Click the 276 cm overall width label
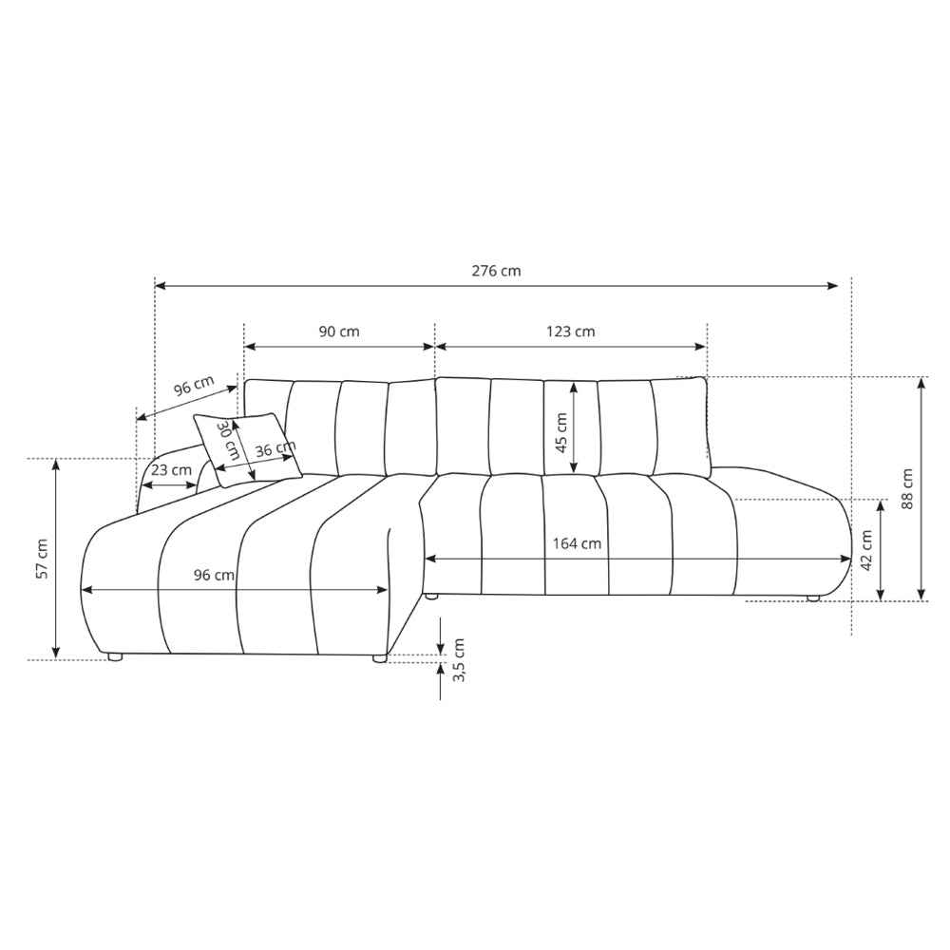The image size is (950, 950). click(x=496, y=270)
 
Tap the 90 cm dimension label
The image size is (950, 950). click(x=339, y=332)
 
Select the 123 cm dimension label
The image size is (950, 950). click(x=571, y=332)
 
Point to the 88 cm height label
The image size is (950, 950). click(x=907, y=488)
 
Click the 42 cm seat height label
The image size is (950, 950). click(x=866, y=550)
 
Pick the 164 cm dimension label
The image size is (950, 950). click(x=577, y=543)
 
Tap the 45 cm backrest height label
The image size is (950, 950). click(x=561, y=432)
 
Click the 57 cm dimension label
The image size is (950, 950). click(x=42, y=559)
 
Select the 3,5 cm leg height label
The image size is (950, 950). click(x=459, y=660)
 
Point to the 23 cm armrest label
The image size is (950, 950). click(x=171, y=469)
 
